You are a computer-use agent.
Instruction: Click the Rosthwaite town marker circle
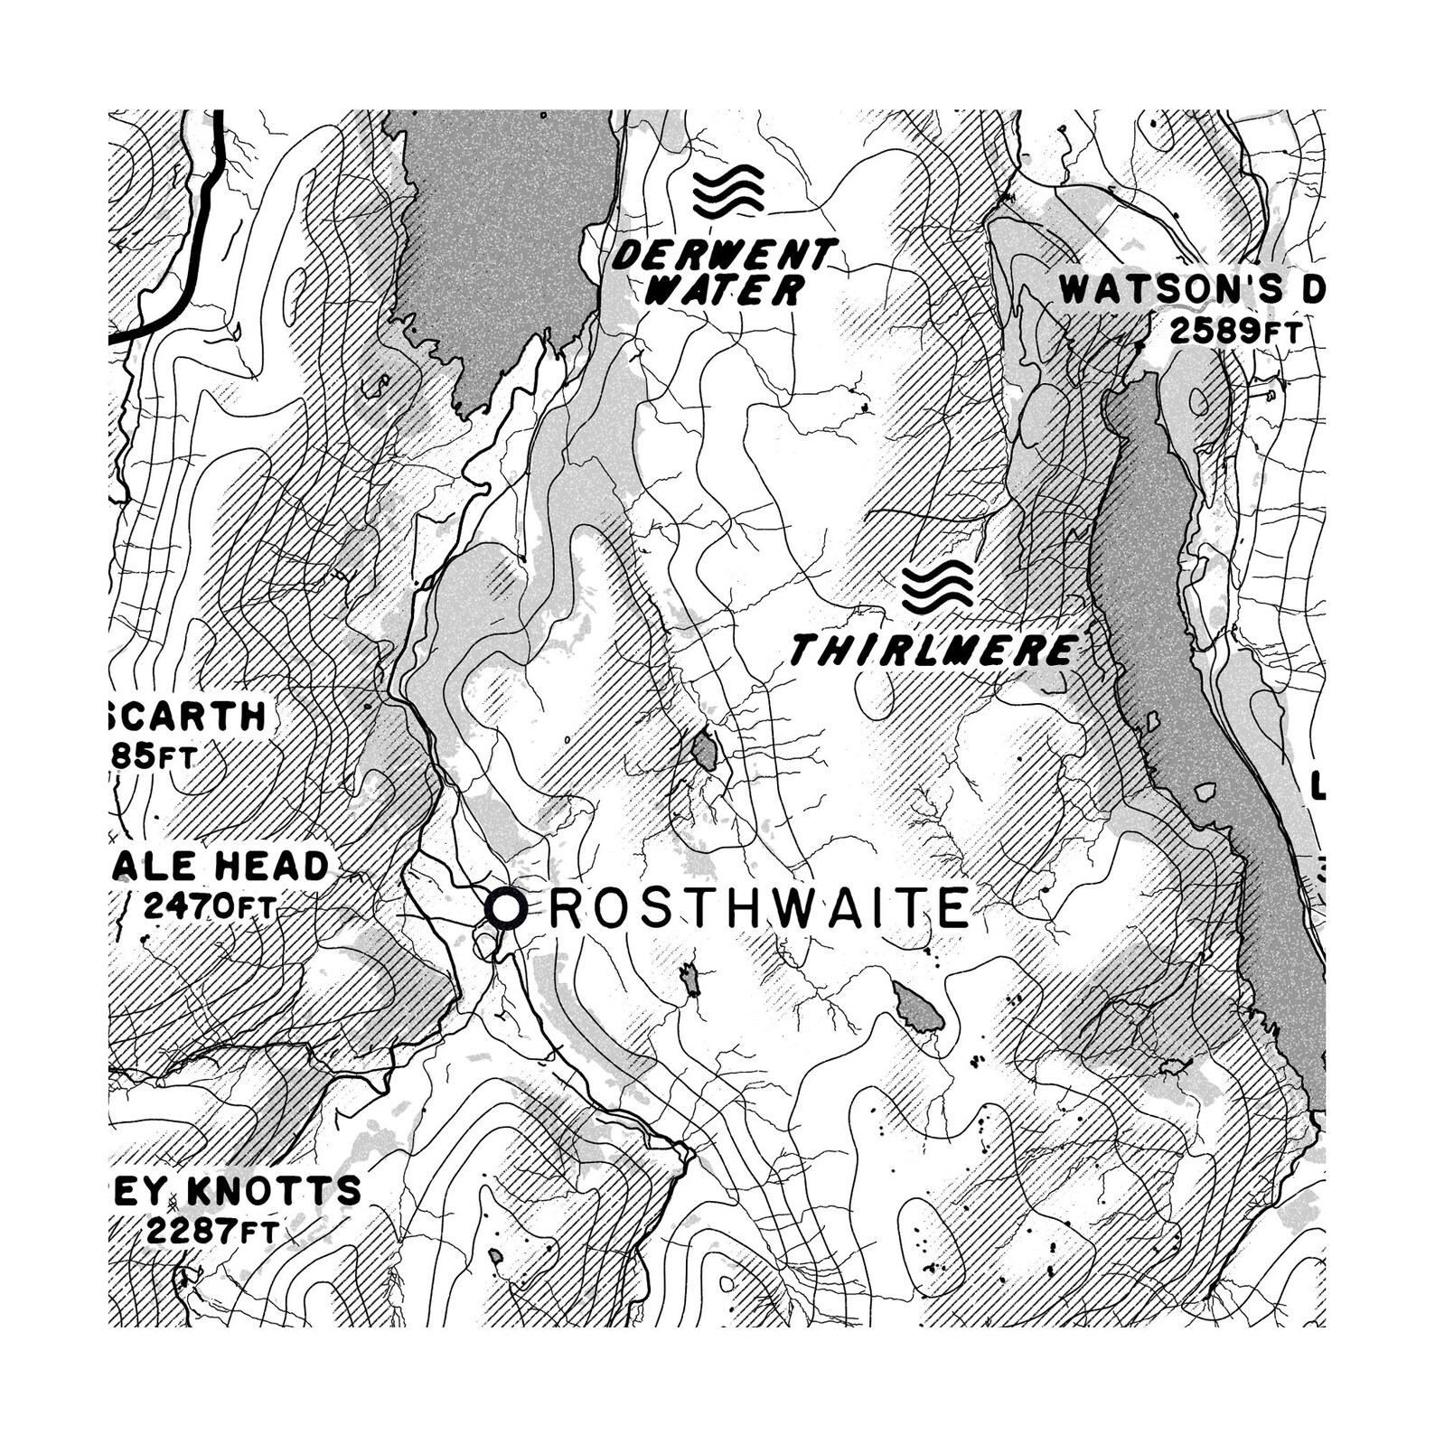click(505, 908)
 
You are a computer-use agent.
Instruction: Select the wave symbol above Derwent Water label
click(728, 192)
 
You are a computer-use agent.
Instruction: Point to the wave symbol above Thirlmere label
click(938, 584)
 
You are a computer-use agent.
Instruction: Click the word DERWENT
click(721, 257)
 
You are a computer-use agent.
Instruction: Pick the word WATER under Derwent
click(726, 291)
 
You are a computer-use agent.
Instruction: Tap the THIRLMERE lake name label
click(933, 650)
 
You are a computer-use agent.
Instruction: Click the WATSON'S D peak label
click(1191, 289)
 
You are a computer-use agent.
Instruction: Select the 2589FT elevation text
click(1234, 332)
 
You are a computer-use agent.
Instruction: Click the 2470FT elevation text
click(208, 905)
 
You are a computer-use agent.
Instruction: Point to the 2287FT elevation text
click(211, 1230)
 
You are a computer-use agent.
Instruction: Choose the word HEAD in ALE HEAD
click(270, 866)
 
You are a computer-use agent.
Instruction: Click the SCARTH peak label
click(188, 717)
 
